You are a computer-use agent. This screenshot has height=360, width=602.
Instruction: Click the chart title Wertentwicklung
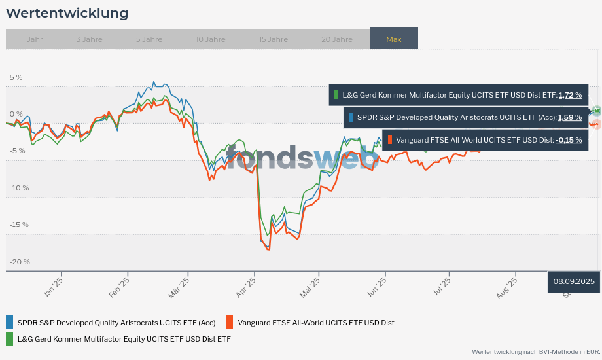67,13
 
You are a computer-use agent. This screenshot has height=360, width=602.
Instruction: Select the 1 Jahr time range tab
32,39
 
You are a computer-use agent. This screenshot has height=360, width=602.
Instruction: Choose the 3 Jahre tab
89,39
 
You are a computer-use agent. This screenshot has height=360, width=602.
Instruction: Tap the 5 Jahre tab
149,39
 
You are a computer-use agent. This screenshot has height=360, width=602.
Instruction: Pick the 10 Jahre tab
210,39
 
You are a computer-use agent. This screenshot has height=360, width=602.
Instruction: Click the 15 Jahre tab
273,39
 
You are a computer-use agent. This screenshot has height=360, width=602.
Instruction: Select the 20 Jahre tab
336,39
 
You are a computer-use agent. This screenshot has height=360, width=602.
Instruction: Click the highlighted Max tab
393,39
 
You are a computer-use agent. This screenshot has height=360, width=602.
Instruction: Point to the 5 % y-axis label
16,77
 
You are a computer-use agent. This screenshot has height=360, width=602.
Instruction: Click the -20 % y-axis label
19,262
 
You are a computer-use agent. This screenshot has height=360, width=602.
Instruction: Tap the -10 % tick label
19,188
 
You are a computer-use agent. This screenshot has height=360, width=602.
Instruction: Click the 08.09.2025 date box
574,281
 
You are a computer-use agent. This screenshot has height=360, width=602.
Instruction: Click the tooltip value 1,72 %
570,95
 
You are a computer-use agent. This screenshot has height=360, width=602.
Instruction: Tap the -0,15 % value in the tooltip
569,139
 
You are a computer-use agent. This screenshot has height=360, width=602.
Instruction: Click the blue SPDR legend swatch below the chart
9,322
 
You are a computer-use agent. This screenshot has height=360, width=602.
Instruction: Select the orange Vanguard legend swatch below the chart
229,322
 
